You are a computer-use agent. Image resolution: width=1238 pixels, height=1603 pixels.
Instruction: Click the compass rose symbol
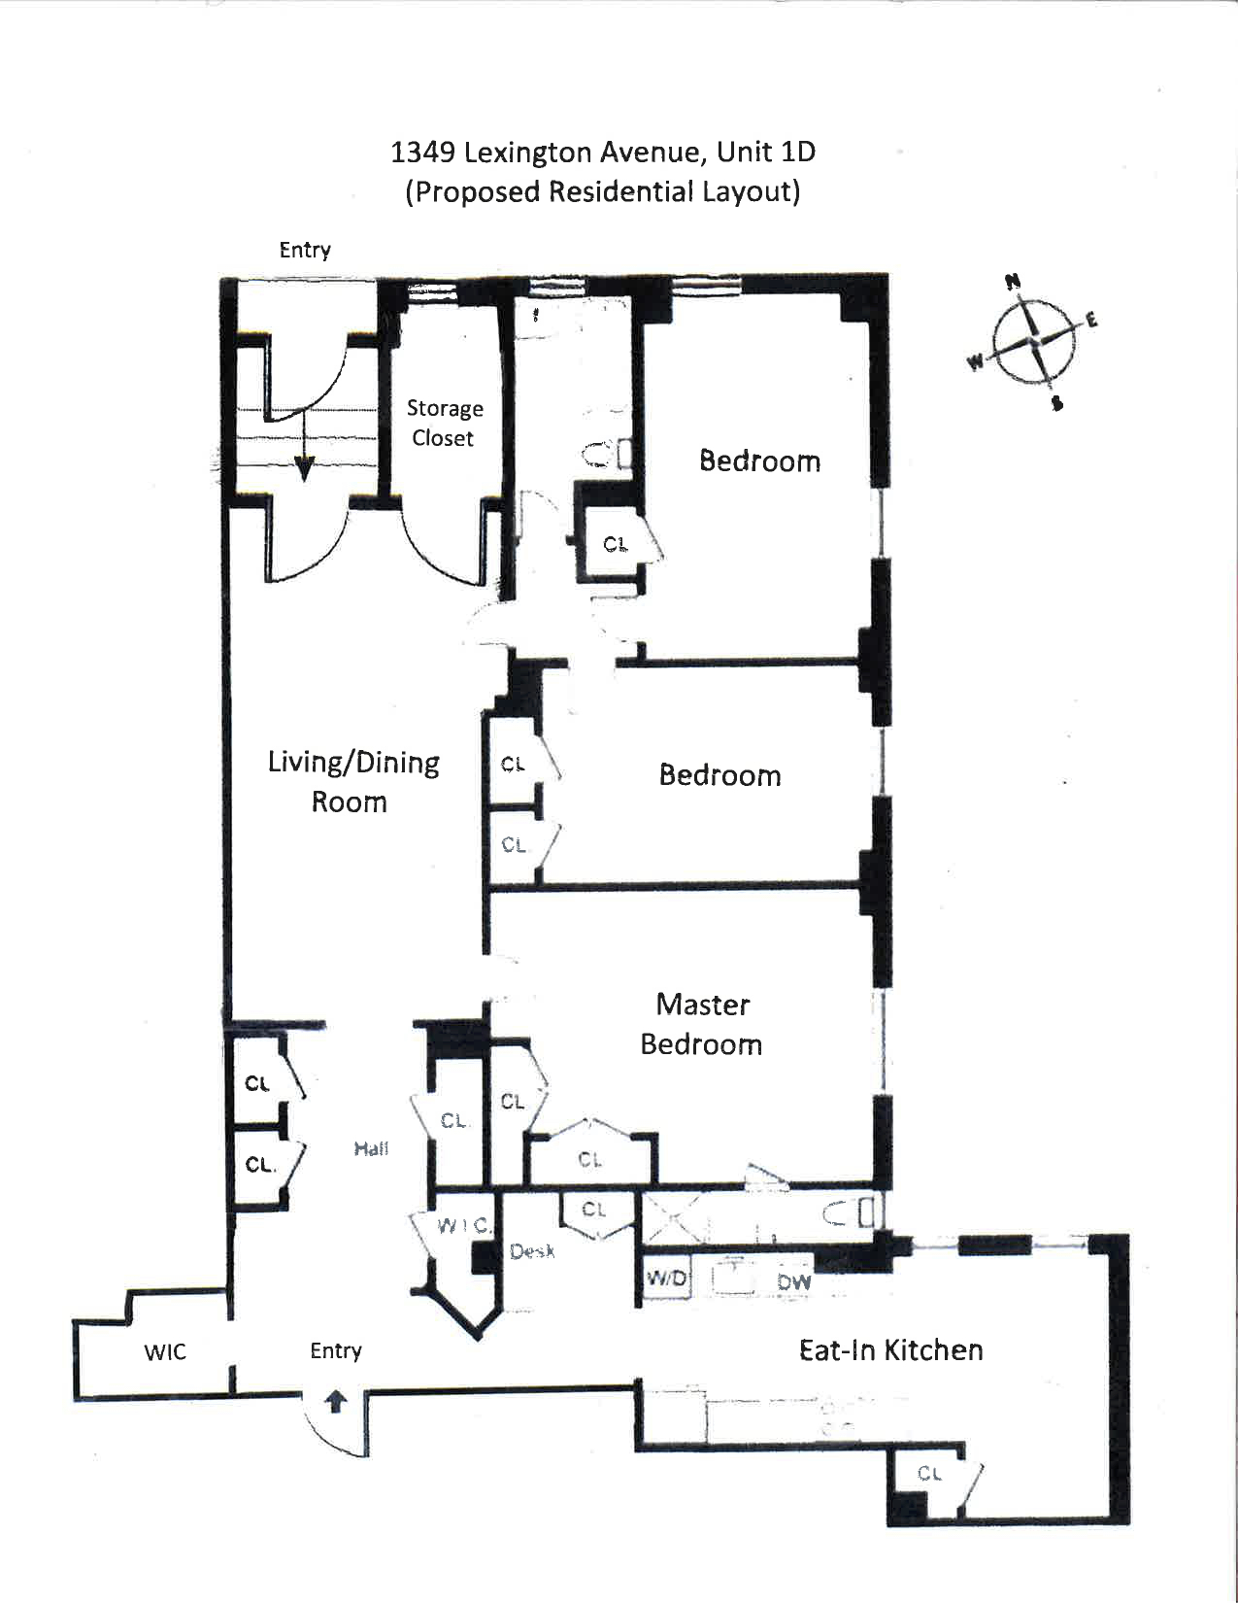point(1035,341)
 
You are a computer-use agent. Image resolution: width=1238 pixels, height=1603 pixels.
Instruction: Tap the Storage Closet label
point(444,423)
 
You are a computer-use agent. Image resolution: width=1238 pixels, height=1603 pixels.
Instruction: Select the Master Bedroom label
point(701,1024)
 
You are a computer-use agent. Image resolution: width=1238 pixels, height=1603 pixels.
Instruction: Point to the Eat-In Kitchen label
point(890,1349)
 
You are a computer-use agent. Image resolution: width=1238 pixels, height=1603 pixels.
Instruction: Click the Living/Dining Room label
point(352,781)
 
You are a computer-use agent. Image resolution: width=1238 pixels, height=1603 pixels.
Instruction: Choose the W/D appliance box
point(666,1279)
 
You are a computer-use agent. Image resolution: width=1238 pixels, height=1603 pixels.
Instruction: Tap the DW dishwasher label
point(793,1281)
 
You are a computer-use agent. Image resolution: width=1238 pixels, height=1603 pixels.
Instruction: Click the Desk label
point(532,1251)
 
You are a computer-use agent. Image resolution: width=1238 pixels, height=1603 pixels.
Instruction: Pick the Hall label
point(371,1148)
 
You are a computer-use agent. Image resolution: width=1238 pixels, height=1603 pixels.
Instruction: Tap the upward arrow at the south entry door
point(335,1402)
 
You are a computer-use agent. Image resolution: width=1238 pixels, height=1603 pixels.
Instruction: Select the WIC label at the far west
point(165,1351)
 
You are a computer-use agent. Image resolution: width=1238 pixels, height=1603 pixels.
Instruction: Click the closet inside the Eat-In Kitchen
point(930,1475)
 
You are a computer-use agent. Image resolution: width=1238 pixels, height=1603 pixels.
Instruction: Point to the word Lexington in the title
point(528,153)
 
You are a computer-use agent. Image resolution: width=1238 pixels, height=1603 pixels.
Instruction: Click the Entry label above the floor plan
point(305,250)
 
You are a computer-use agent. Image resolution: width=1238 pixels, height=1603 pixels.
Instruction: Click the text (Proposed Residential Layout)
point(602,191)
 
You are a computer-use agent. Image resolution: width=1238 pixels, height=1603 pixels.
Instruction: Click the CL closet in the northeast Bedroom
point(615,544)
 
